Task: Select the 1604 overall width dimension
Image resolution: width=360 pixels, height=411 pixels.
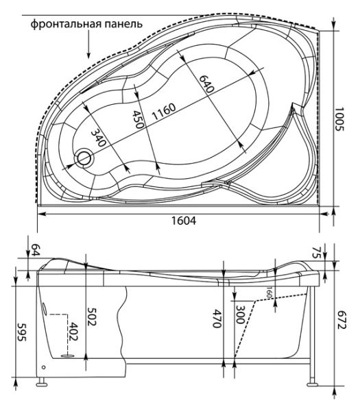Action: click(182, 221)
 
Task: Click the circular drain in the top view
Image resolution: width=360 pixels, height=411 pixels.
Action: click(84, 158)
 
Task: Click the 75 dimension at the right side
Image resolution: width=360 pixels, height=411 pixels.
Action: click(335, 252)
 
